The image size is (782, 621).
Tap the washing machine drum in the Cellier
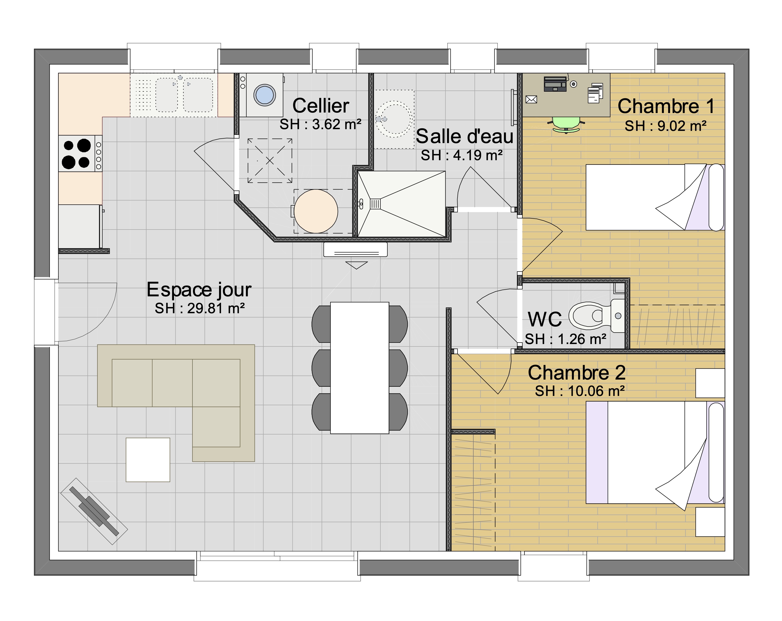265,95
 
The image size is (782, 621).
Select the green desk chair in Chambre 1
566,124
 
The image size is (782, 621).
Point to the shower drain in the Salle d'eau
375,204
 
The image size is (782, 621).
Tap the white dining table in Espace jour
360,368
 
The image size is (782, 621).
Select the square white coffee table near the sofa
148,460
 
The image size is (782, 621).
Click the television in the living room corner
94,511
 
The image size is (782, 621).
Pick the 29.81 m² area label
199,308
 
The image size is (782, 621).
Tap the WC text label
545,319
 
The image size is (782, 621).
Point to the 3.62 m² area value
337,124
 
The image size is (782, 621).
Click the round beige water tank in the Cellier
316,211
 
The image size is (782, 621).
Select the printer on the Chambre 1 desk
555,84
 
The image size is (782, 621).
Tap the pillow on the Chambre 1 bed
716,197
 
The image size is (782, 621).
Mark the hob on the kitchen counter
80,154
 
